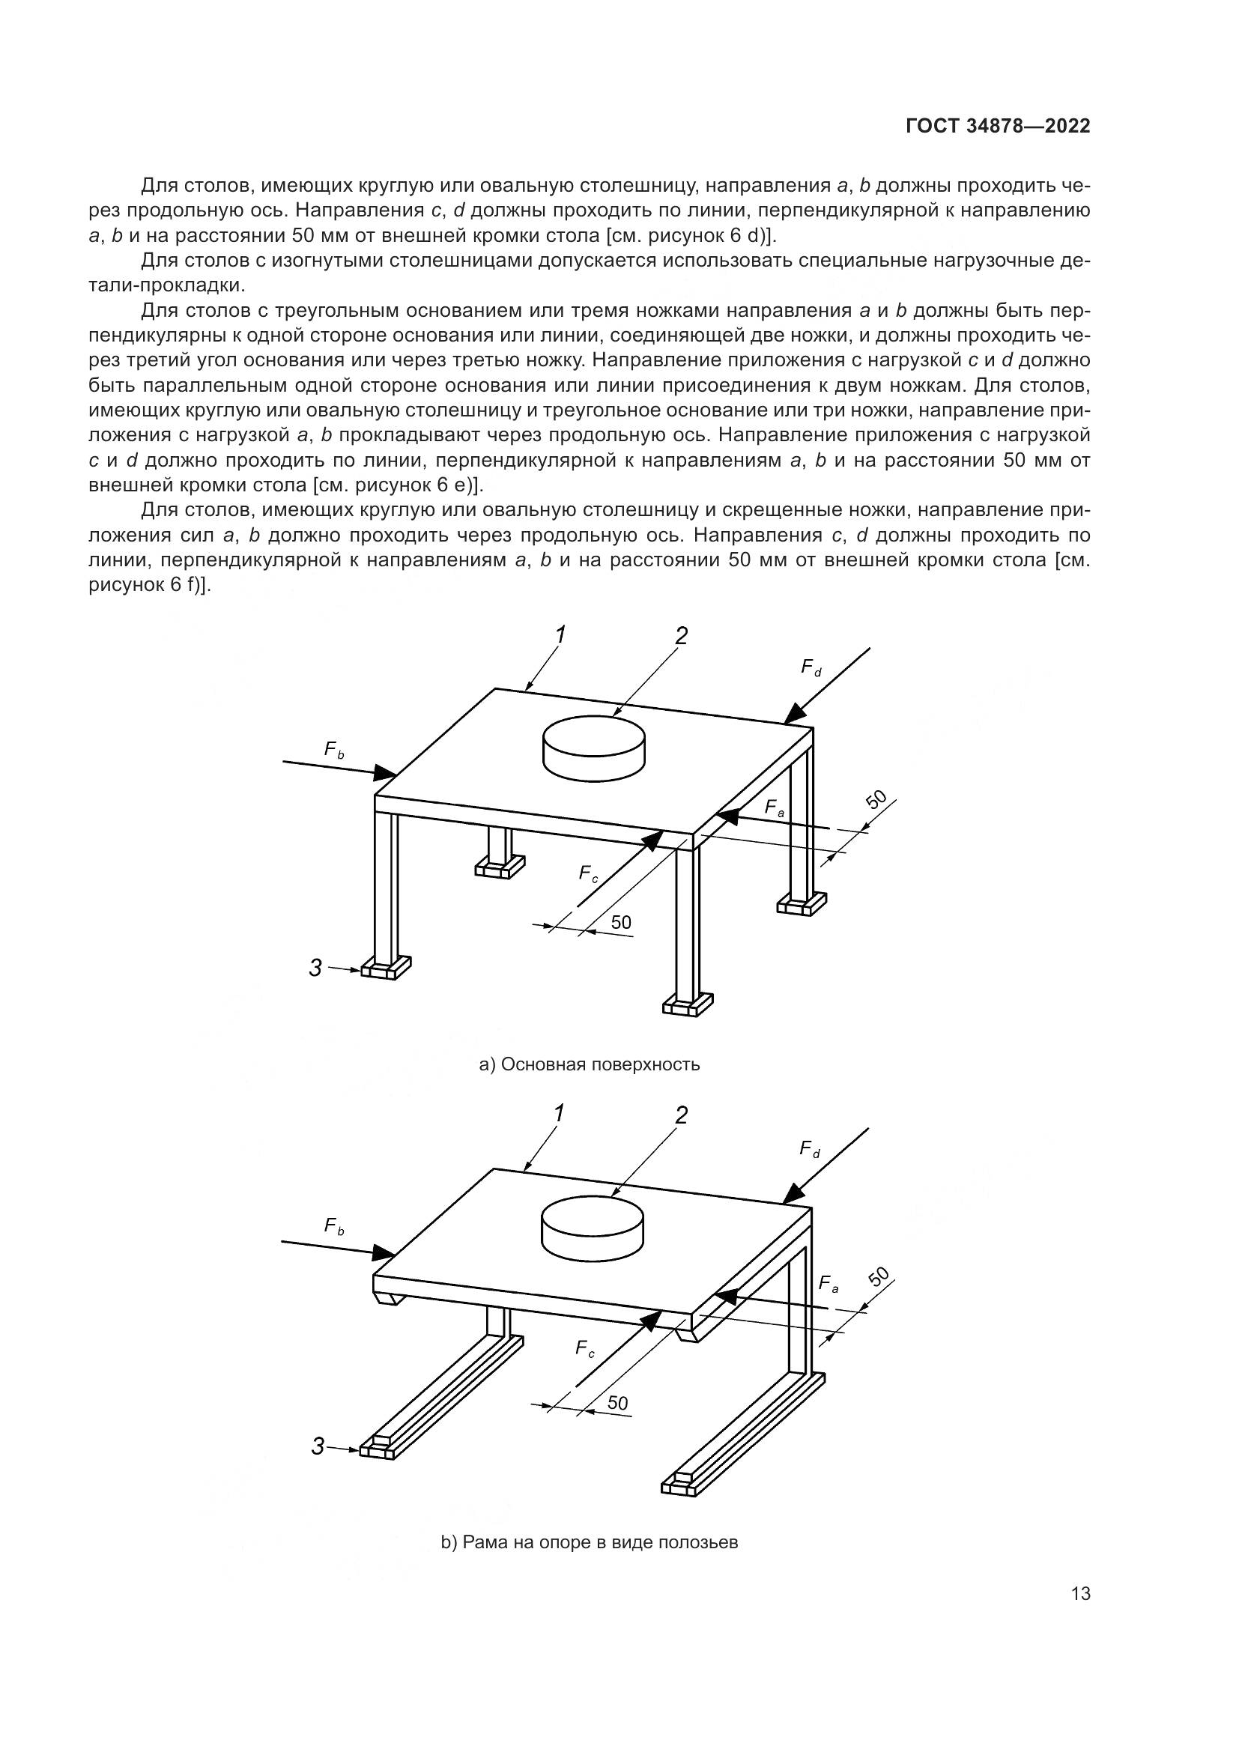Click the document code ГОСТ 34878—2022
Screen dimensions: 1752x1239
pyautogui.click(x=997, y=127)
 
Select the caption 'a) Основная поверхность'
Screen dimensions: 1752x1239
pyautogui.click(x=589, y=1064)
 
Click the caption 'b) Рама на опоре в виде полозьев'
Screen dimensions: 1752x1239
pyautogui.click(x=589, y=1543)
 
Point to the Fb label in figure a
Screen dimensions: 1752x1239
pyautogui.click(x=334, y=749)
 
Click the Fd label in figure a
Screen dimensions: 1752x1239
pyautogui.click(x=811, y=667)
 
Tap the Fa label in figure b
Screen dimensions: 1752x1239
pyautogui.click(x=828, y=1285)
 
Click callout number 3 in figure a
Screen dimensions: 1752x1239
pyautogui.click(x=316, y=969)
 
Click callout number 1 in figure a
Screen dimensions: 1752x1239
pyautogui.click(x=561, y=634)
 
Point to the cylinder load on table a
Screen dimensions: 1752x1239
pyautogui.click(x=593, y=748)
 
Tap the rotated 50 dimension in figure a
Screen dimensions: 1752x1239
pyautogui.click(x=877, y=800)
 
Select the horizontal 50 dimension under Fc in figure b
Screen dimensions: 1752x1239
pyautogui.click(x=617, y=1402)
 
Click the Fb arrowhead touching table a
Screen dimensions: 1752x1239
pyautogui.click(x=386, y=775)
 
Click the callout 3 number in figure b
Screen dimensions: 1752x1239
pyautogui.click(x=318, y=1446)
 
